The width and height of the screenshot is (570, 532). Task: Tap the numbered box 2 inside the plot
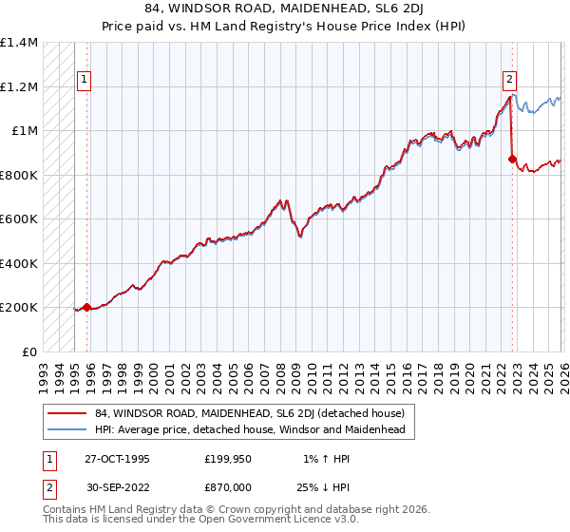pyautogui.click(x=511, y=81)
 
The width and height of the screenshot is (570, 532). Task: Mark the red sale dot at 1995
pyautogui.click(x=87, y=307)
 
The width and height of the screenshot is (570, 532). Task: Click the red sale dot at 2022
pyautogui.click(x=513, y=160)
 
